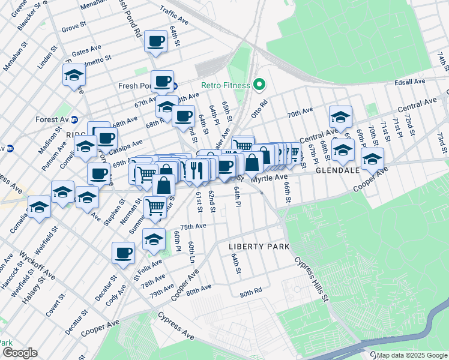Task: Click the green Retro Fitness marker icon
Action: click(260, 85)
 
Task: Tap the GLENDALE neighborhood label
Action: click(338, 170)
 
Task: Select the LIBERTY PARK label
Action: click(259, 247)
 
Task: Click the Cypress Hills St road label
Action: click(310, 280)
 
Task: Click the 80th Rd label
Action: click(251, 293)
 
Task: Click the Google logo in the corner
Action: click(19, 353)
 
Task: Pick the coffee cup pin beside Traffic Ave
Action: click(156, 41)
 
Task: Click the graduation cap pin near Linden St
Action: click(74, 75)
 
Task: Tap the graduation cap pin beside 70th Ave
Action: click(340, 118)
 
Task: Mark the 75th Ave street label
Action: click(193, 226)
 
